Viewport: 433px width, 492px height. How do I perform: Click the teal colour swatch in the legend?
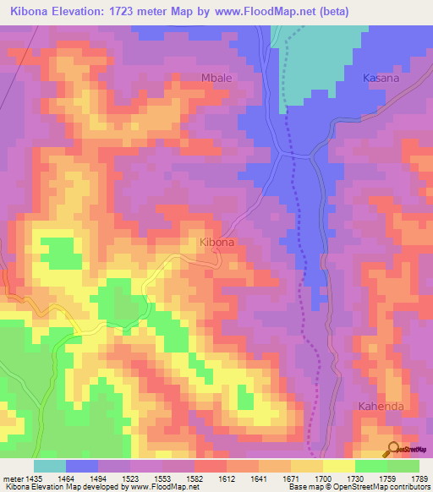50,466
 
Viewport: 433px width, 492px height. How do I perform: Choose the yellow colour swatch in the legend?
338,466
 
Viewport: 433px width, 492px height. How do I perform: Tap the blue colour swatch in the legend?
82,466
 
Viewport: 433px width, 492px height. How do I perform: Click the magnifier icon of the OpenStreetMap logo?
393,448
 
